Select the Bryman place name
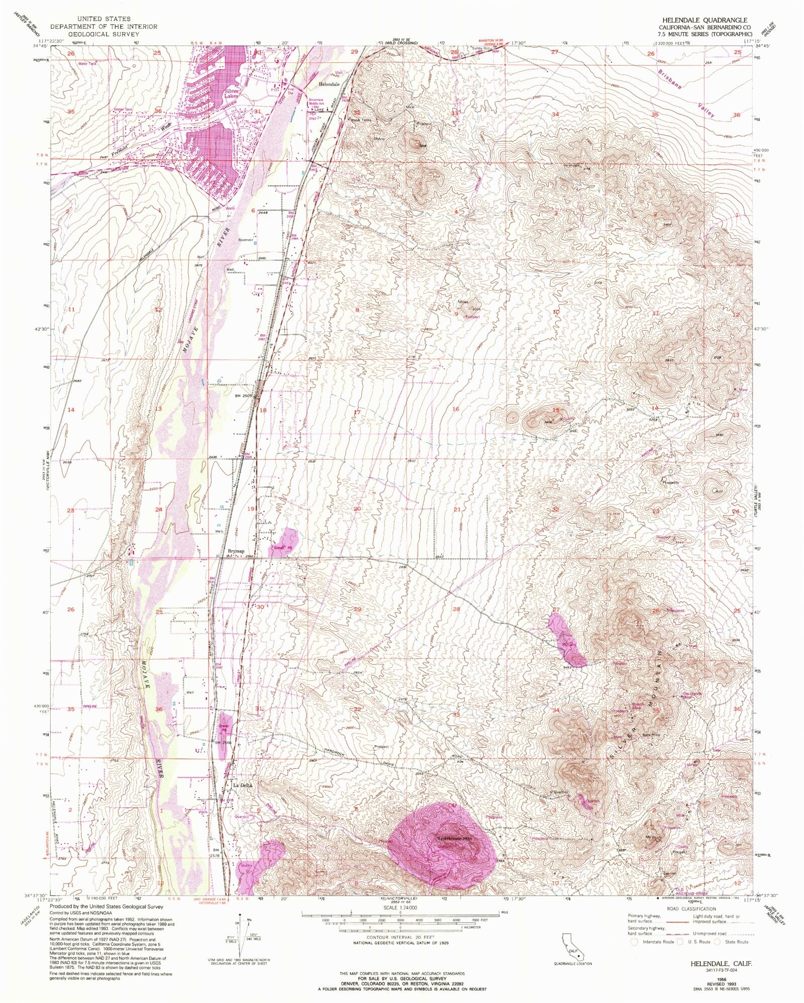pos(235,551)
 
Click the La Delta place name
pos(242,785)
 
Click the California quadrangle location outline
pos(572,947)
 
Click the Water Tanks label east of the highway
pos(360,120)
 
